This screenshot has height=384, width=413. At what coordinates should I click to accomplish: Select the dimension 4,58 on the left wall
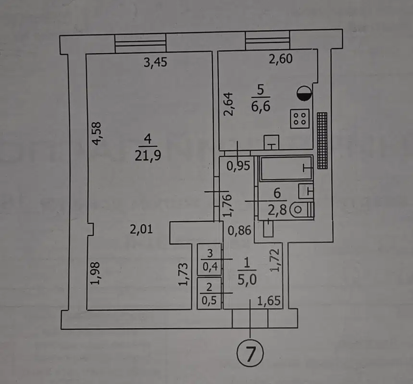point(97,134)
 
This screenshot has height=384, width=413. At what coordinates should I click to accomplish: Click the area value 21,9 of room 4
point(147,157)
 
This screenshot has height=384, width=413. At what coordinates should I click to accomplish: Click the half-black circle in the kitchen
point(305,93)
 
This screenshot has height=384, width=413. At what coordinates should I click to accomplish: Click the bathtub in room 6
point(286,168)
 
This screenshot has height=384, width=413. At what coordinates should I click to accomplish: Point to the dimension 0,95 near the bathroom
point(238,166)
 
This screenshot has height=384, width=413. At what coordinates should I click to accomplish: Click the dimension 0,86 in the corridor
point(239,231)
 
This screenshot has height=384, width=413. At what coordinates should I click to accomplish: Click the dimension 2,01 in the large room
point(141,229)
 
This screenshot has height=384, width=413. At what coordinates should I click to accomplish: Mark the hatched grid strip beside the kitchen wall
point(323,140)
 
